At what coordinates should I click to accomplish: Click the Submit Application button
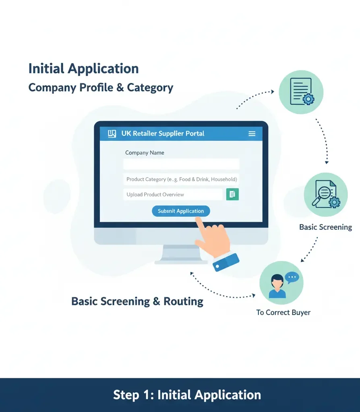point(181,211)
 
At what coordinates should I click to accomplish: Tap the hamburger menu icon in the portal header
point(252,134)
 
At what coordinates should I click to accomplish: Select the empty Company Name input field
point(181,164)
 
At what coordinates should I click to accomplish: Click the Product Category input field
point(181,179)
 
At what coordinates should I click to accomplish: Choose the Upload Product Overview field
point(172,194)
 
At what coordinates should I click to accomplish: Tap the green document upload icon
point(232,194)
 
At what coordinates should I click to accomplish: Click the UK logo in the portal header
point(112,134)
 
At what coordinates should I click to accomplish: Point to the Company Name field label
point(145,152)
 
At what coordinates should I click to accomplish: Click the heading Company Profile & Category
point(101,87)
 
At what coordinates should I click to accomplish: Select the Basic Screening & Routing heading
point(137,301)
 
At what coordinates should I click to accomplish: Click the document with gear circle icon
point(301,92)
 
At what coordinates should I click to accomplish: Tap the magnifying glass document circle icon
point(326,195)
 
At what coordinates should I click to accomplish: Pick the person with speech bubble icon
point(281,282)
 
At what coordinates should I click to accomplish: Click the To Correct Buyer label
point(283,312)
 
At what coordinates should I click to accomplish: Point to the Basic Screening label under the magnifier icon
point(325,227)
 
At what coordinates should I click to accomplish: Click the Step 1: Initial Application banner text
point(187,395)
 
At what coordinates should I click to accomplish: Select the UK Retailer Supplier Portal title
point(163,134)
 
